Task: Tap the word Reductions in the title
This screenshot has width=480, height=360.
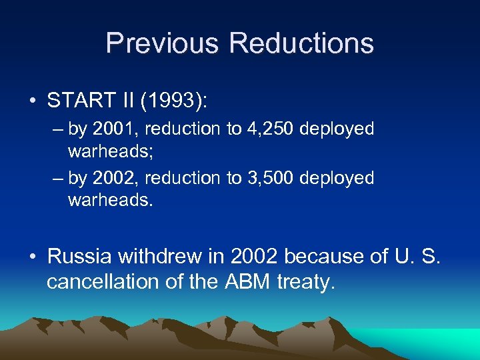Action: tap(301, 44)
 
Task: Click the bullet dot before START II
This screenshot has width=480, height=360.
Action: tap(33, 101)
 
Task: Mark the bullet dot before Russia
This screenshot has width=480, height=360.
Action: tap(33, 257)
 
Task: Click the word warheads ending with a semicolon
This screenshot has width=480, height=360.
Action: tap(111, 152)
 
